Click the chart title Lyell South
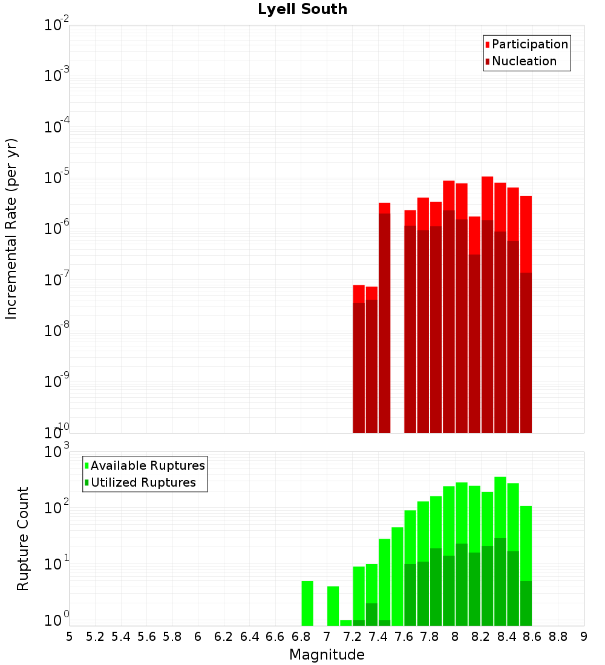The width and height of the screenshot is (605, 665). click(302, 10)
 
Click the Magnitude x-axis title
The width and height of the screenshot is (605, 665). click(327, 655)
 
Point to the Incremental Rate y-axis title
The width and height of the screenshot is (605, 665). click(11, 229)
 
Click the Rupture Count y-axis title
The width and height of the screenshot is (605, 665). click(23, 538)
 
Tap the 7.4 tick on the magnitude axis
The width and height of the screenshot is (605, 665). click(378, 637)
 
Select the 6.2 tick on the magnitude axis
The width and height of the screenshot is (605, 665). click(224, 637)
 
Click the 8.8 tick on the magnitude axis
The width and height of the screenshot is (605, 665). click(558, 637)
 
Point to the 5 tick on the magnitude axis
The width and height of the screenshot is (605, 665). click(70, 637)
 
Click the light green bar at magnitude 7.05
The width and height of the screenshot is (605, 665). click(333, 606)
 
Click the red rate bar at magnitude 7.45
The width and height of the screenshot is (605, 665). click(384, 208)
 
